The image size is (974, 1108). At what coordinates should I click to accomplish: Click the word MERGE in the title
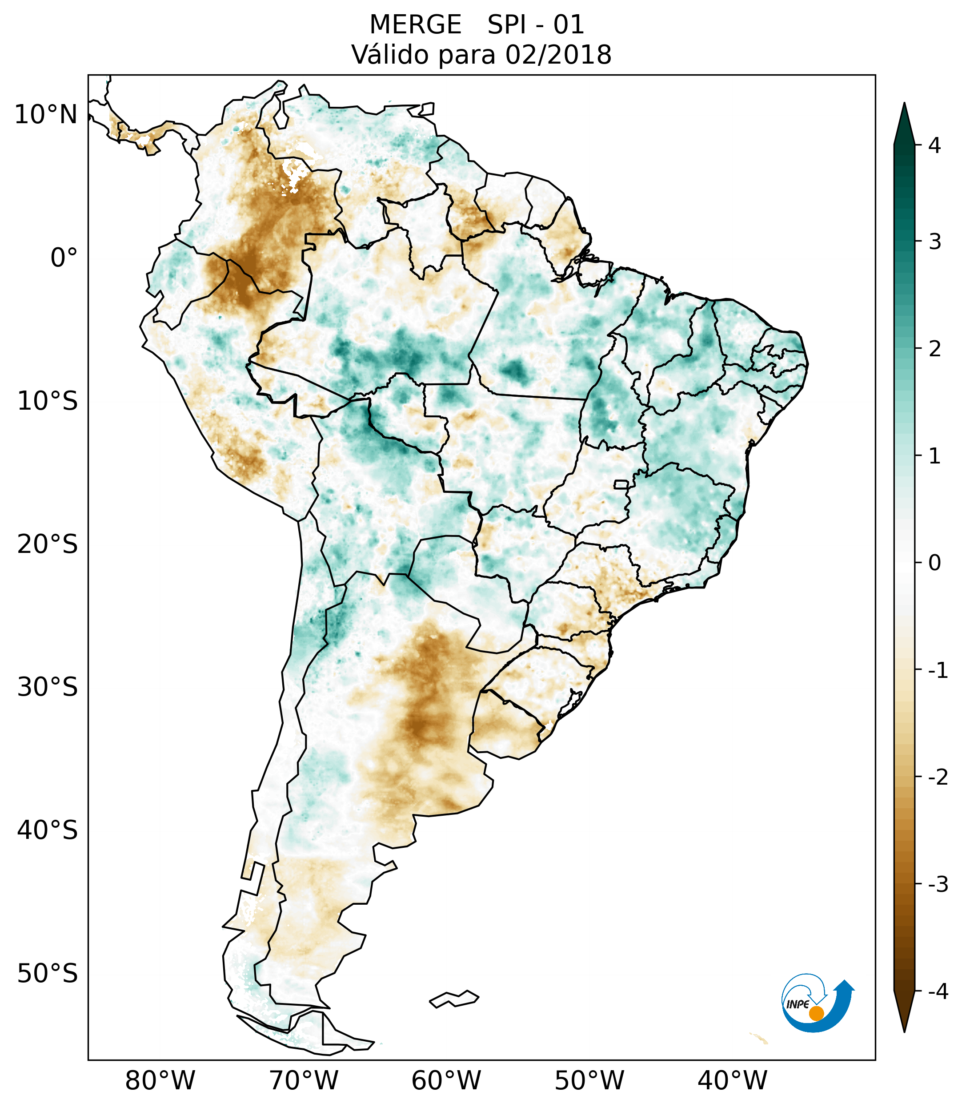[416, 25]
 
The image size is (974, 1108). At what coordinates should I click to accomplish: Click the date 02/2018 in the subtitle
[558, 55]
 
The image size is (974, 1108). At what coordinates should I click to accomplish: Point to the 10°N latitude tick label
[46, 115]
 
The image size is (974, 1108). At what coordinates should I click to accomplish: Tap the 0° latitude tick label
[64, 258]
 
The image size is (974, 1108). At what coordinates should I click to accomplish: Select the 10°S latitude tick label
[48, 401]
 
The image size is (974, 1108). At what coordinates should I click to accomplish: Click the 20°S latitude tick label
[48, 544]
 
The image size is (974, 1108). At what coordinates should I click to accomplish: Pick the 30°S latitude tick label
[48, 687]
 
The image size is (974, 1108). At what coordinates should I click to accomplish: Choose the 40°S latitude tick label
[48, 830]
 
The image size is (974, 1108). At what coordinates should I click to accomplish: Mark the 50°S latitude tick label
[48, 974]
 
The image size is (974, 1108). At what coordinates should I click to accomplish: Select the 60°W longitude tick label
[446, 1081]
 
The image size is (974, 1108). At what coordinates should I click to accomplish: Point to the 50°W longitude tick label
[589, 1081]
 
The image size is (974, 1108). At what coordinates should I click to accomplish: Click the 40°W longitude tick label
[733, 1081]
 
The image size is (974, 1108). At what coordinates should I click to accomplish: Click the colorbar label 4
[934, 145]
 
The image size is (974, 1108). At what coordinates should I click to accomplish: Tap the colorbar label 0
[934, 563]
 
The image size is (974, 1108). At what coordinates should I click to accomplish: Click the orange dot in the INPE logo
[816, 1013]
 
